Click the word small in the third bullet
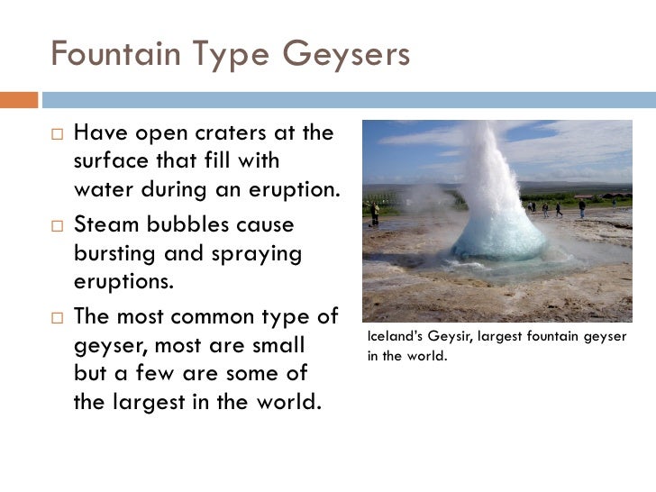coord(280,345)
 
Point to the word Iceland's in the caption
coord(390,336)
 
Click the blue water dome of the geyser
coord(498,236)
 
